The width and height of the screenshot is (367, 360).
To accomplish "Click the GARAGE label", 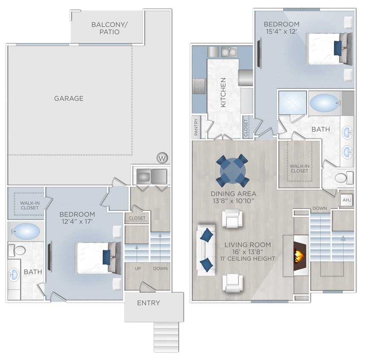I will (69, 99).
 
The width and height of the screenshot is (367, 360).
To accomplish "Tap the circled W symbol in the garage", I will (162, 158).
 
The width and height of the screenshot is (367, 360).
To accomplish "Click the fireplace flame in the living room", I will (300, 256).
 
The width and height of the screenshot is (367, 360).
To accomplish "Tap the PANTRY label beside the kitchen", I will (197, 128).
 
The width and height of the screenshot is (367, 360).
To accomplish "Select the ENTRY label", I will (148, 303).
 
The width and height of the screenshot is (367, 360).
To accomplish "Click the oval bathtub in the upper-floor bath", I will (325, 103).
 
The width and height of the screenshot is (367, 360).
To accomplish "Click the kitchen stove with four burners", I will (199, 87).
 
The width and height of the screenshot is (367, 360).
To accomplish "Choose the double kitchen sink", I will (229, 52).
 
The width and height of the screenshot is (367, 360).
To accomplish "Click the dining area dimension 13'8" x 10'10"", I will (233, 200).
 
